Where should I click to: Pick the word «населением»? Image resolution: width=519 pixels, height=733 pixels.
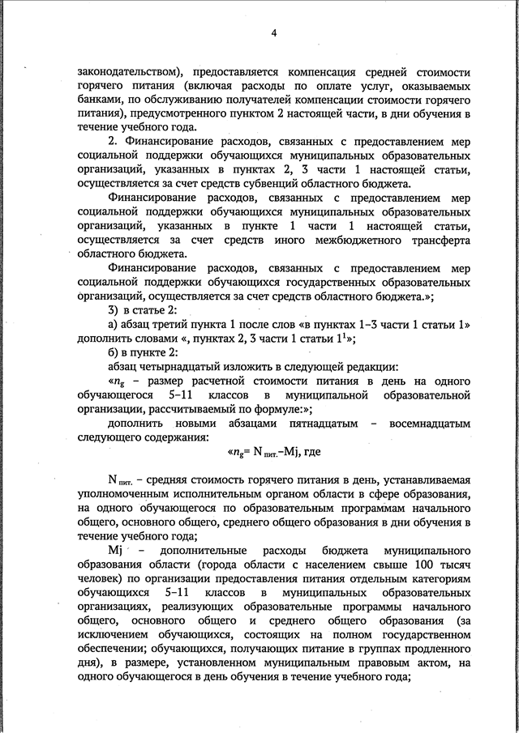[338, 563]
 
